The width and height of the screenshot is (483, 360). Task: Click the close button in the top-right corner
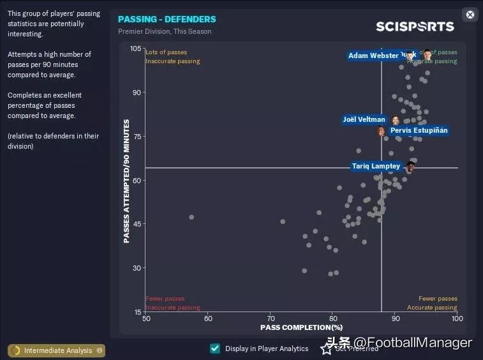coord(470,15)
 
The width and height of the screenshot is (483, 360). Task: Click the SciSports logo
coord(415,26)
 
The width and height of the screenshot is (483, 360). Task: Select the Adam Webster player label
coord(373,56)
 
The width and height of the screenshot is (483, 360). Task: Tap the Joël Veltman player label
coord(364,119)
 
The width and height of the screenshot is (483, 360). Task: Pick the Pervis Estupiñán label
coord(419,130)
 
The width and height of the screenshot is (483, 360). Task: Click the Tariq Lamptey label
coord(376,167)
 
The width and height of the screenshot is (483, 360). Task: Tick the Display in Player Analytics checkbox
coord(215,349)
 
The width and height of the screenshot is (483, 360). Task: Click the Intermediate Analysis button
coord(57,350)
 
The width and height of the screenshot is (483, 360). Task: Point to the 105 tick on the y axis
coord(136,49)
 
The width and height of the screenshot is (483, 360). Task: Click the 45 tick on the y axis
coord(137,224)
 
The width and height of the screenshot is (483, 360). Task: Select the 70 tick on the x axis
coord(271,318)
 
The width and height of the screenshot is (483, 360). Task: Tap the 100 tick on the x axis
coord(457,318)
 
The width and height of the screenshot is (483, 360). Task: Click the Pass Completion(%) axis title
coord(301,327)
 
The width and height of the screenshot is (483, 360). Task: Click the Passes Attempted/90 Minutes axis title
coord(126,181)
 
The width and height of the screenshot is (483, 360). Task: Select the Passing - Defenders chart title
coord(167,19)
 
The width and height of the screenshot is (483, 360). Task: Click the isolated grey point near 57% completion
coord(191,217)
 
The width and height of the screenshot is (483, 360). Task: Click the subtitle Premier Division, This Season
coord(165,31)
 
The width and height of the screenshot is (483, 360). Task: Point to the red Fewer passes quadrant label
coord(165,299)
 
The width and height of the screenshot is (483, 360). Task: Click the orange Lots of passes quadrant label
coord(166,52)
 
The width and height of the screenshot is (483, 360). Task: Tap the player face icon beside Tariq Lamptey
coord(411,167)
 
